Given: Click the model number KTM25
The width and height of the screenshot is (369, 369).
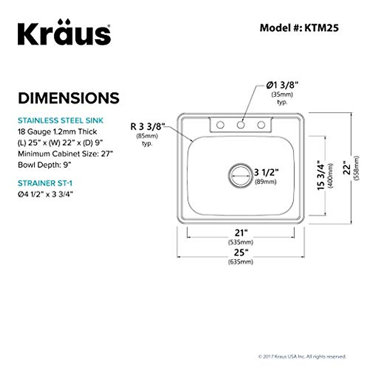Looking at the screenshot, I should click(x=321, y=28).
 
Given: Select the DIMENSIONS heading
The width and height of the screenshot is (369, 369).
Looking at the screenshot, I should click(x=69, y=98).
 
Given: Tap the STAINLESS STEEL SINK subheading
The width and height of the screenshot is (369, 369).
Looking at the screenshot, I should click(x=61, y=120).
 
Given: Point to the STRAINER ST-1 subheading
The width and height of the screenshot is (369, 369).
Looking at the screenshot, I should click(x=45, y=183).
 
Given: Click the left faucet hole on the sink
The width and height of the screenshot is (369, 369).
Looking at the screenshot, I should click(x=220, y=125).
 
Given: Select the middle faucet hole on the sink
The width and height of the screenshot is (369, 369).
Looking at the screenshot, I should click(x=241, y=125).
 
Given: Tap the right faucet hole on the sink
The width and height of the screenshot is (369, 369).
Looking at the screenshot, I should click(x=261, y=125).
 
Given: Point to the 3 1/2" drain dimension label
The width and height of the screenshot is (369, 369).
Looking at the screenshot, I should click(x=266, y=172).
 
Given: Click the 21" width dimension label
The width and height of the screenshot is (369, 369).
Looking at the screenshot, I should click(x=241, y=233).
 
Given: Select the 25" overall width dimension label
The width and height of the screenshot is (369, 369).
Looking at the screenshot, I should click(x=241, y=252).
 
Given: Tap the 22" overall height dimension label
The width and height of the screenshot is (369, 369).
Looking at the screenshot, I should click(x=347, y=168).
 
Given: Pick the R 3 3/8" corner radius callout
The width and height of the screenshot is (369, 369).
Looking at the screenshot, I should click(x=148, y=127).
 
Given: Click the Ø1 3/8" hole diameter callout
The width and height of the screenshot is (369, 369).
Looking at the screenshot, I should click(x=282, y=85).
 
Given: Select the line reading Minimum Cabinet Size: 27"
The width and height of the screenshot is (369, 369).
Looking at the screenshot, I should click(x=65, y=154).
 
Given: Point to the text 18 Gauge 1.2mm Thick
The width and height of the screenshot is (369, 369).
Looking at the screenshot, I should click(x=58, y=132).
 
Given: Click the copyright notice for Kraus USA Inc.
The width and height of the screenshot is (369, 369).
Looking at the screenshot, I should click(x=302, y=357).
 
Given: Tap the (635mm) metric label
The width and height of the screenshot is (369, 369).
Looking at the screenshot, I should click(x=241, y=262).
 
